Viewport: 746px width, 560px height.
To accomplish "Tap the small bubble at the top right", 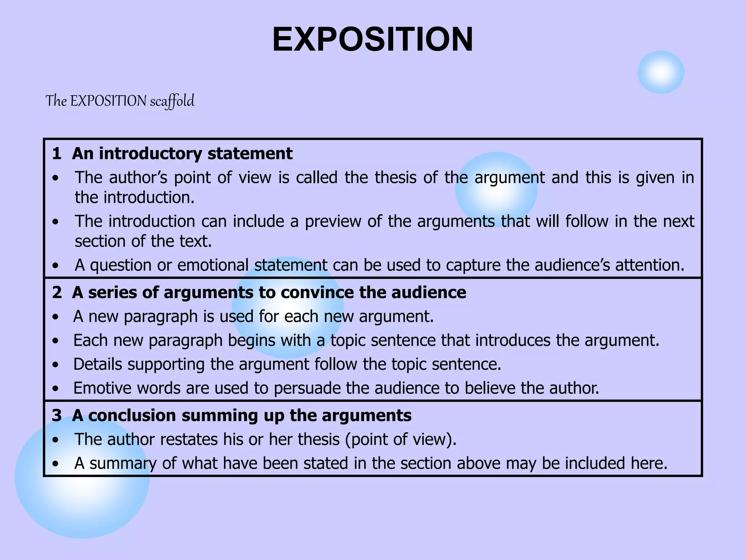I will pos(660,72).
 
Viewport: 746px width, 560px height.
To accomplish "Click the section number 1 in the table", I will pos(56,153).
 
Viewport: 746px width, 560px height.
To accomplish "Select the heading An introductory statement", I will pos(182,153).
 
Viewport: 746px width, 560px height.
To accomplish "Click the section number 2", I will pos(56,292).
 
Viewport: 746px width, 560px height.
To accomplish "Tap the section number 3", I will pos(56,415).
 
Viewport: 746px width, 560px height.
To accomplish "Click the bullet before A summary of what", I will pos(55,464).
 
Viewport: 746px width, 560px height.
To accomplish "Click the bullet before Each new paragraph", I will pos(55,341).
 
